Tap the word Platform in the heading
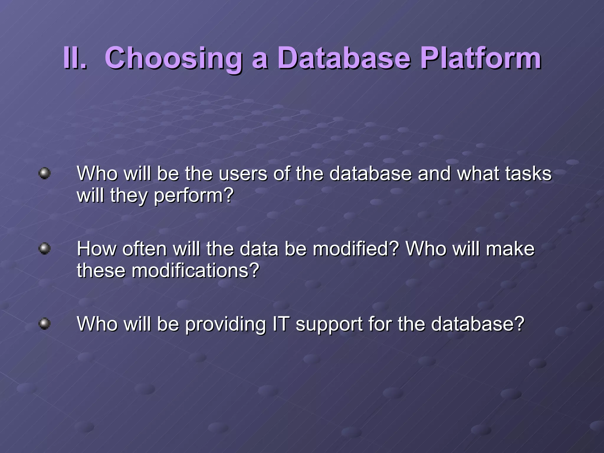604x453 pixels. [480, 58]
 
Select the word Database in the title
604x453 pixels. [344, 58]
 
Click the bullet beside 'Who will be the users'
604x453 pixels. [45, 173]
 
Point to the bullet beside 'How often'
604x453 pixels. [45, 248]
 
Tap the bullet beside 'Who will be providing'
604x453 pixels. [45, 324]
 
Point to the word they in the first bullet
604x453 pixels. [128, 196]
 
